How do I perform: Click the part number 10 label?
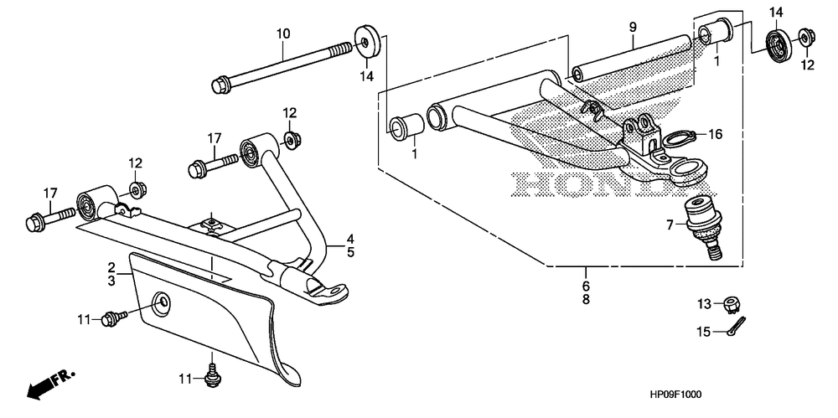point(283,34)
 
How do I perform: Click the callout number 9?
point(634,28)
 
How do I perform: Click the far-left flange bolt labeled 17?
point(38,223)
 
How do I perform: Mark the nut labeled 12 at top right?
point(806,37)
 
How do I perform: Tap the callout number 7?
point(670,224)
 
